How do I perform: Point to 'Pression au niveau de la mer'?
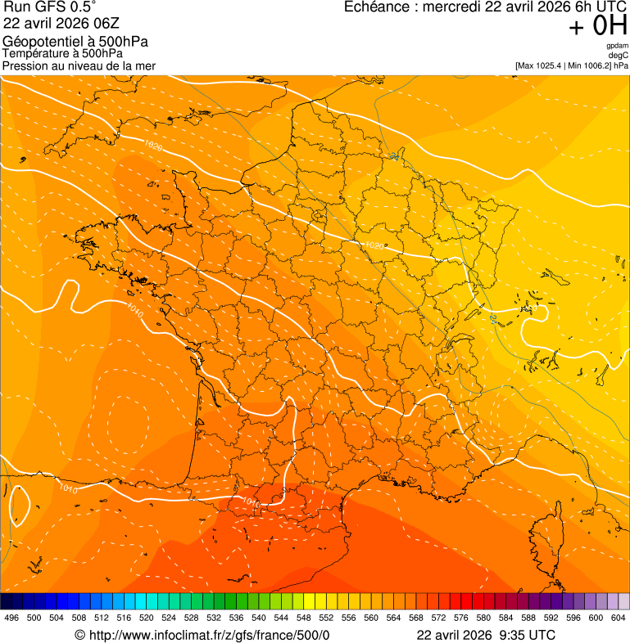(79, 65)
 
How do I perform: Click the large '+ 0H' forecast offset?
(598, 26)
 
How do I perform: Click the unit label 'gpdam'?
(618, 46)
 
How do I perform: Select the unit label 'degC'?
(619, 55)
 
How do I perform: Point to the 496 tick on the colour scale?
(11, 618)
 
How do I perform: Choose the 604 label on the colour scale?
(619, 618)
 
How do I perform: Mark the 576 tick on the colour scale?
(461, 618)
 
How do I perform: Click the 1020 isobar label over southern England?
(152, 146)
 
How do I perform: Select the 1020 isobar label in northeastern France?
(373, 245)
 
